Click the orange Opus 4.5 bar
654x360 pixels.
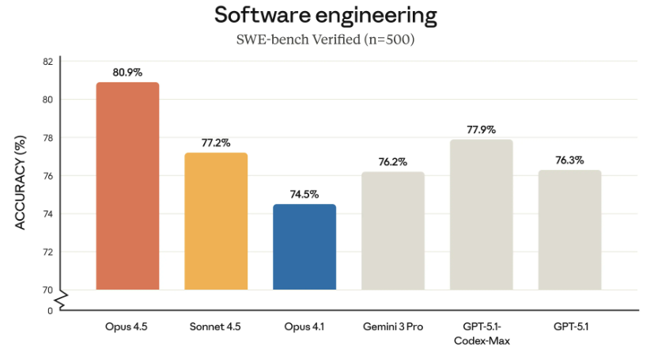pyautogui.click(x=127, y=186)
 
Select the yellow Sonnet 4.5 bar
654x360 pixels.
pyautogui.click(x=216, y=222)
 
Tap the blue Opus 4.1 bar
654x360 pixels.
pyautogui.click(x=304, y=247)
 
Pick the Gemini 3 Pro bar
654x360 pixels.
pyautogui.click(x=393, y=230)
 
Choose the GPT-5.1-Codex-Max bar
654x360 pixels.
pyautogui.click(x=482, y=214)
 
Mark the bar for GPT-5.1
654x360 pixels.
pyautogui.click(x=570, y=229)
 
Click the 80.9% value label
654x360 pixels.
pyautogui.click(x=127, y=72)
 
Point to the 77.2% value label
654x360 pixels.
pyautogui.click(x=216, y=143)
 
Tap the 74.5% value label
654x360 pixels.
pyautogui.click(x=304, y=194)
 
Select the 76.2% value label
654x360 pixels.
pyautogui.click(x=393, y=162)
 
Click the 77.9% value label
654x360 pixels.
pyautogui.click(x=482, y=130)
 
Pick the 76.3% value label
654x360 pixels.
pyautogui.click(x=570, y=160)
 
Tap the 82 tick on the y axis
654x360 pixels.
pyautogui.click(x=47, y=62)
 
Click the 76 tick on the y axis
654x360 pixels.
pyautogui.click(x=47, y=176)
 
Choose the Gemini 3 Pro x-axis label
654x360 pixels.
pyautogui.click(x=393, y=326)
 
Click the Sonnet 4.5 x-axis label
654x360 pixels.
pyautogui.click(x=216, y=326)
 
